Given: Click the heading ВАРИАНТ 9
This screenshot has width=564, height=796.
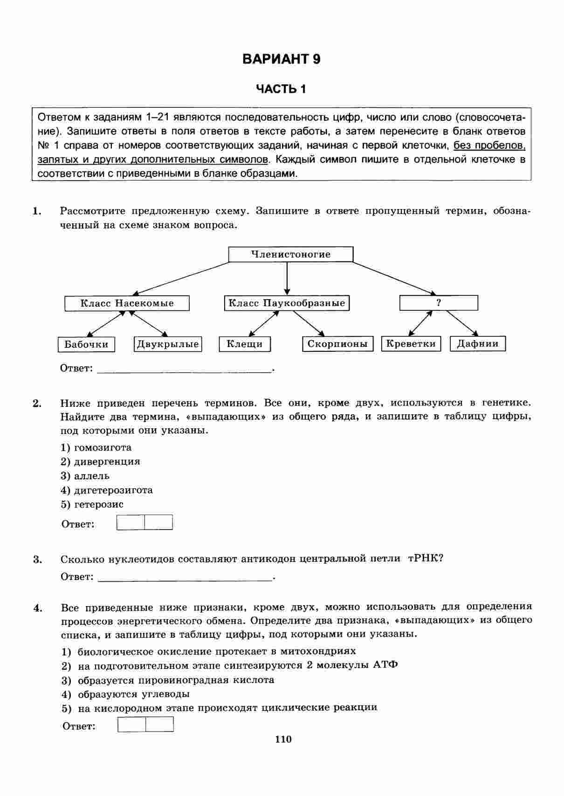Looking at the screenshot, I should [282, 59].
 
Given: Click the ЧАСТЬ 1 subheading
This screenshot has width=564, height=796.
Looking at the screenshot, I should [282, 89].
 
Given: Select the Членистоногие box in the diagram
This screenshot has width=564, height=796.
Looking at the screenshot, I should [290, 254].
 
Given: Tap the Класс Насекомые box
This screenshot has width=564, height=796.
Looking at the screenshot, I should [127, 303].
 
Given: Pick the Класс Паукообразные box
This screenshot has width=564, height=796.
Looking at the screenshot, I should [287, 303].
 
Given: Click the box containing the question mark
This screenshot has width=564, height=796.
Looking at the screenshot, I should [439, 303].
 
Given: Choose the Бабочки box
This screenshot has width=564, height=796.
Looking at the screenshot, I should [86, 344].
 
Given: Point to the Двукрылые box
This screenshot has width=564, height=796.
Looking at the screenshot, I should [168, 344].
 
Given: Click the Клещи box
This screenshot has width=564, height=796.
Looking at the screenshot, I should [245, 344].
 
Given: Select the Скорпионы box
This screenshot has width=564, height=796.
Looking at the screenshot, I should [337, 344].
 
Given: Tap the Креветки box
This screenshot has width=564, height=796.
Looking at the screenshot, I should [411, 344].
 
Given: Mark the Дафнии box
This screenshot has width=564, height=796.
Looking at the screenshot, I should [478, 344].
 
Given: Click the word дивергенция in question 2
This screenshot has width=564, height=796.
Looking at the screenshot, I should [107, 461].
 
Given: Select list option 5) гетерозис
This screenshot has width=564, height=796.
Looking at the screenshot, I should [92, 504].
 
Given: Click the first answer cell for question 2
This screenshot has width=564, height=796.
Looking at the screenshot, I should [131, 523].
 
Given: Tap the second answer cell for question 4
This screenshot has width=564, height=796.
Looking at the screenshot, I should [159, 724].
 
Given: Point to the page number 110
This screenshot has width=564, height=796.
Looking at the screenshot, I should [283, 739].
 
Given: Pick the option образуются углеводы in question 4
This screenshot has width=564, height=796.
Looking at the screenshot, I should [133, 694].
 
